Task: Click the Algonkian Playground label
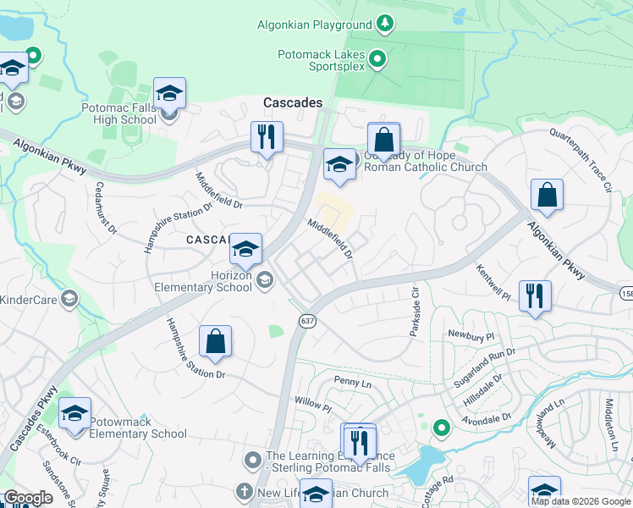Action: point(315,25)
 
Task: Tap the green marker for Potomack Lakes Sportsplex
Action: point(379,58)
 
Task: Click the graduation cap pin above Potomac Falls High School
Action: point(169,93)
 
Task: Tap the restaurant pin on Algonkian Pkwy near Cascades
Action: point(267,136)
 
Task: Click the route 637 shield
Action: point(305,321)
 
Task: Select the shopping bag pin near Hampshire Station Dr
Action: point(216,341)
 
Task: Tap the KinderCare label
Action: point(30,299)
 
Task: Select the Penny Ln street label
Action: point(353,383)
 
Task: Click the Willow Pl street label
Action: point(312,407)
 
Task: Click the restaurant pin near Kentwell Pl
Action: point(534,295)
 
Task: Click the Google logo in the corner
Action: point(28,498)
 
